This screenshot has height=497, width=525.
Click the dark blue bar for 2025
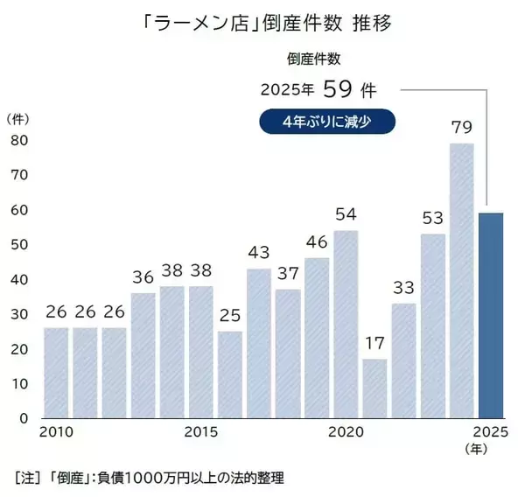pyautogui.click(x=491, y=315)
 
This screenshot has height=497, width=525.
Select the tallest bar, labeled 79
pyautogui.click(x=462, y=280)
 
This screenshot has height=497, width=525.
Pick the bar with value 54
pyautogui.click(x=346, y=324)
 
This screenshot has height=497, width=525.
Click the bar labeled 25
pyautogui.click(x=230, y=374)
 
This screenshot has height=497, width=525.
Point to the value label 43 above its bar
pyautogui.click(x=259, y=253)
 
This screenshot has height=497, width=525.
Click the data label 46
pyautogui.click(x=317, y=242)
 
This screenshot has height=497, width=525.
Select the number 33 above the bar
pyautogui.click(x=403, y=288)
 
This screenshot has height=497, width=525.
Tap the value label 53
pyautogui.click(x=432, y=218)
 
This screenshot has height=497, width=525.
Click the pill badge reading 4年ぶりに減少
pyautogui.click(x=327, y=122)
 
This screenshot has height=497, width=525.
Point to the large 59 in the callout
pyautogui.click(x=338, y=89)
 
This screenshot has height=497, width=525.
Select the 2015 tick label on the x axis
pyautogui.click(x=202, y=433)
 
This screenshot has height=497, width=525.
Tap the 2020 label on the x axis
pyautogui.click(x=346, y=433)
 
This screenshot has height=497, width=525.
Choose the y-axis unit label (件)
pyautogui.click(x=19, y=117)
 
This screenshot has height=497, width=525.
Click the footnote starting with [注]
pyautogui.click(x=149, y=479)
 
